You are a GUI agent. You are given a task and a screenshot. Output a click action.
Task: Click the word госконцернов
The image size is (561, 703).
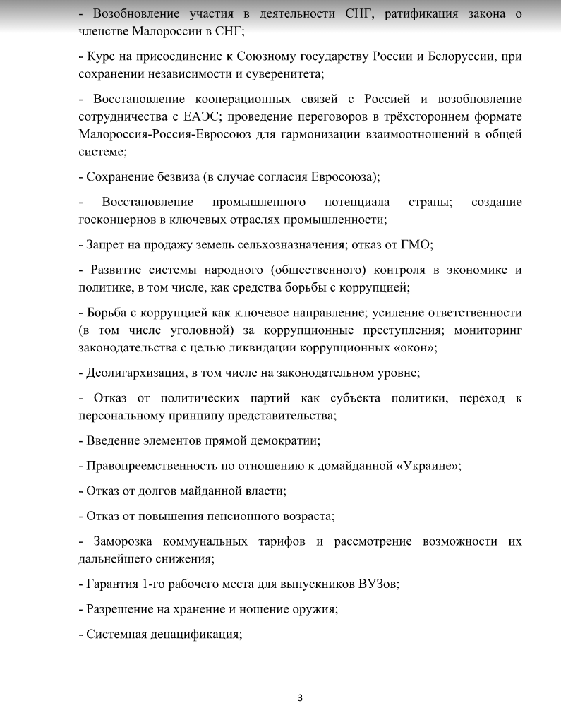click(x=119, y=219)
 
